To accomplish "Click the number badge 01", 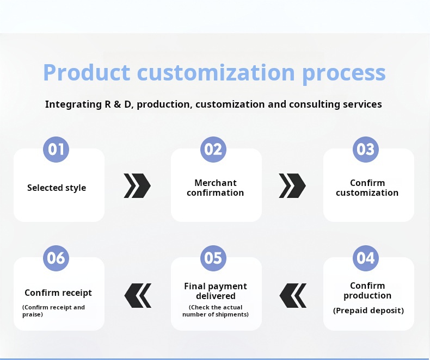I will click(x=56, y=149).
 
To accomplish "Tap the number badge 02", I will click(x=213, y=149).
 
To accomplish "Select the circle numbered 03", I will click(x=366, y=149).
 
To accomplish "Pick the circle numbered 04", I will click(x=366, y=258).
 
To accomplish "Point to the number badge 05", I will click(x=213, y=258).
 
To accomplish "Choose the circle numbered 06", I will click(x=56, y=258).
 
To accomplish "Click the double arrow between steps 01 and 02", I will click(x=137, y=186).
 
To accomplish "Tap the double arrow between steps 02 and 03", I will click(x=292, y=186).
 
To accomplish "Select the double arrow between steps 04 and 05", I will click(x=293, y=295).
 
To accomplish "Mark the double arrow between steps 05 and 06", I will click(x=138, y=295).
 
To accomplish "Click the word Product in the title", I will click(x=87, y=72).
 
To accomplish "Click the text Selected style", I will click(x=57, y=188).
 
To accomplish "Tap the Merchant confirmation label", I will click(x=216, y=188).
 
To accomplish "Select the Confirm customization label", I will click(x=367, y=188).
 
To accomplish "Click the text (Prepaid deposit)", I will click(x=368, y=311).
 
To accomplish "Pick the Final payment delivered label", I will click(x=216, y=291).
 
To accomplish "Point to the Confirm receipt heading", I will click(x=58, y=293).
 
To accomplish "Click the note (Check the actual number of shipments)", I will click(x=216, y=311).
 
